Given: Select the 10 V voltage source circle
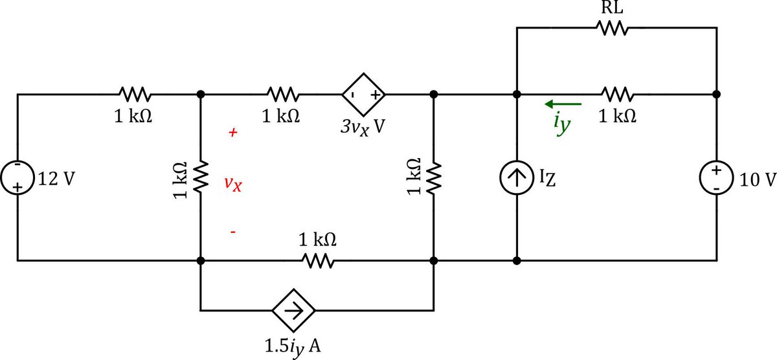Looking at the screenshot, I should click(717, 177).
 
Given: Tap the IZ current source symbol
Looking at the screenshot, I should click(516, 178).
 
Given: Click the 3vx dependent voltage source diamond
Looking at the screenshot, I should click(363, 95).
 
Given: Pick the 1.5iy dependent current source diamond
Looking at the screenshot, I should click(293, 311).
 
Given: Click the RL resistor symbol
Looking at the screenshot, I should click(611, 28).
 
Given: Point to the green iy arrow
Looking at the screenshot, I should click(563, 104).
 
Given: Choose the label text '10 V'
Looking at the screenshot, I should click(754, 178).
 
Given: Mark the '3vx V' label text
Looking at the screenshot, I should click(363, 125).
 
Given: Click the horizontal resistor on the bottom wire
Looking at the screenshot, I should click(317, 261).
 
